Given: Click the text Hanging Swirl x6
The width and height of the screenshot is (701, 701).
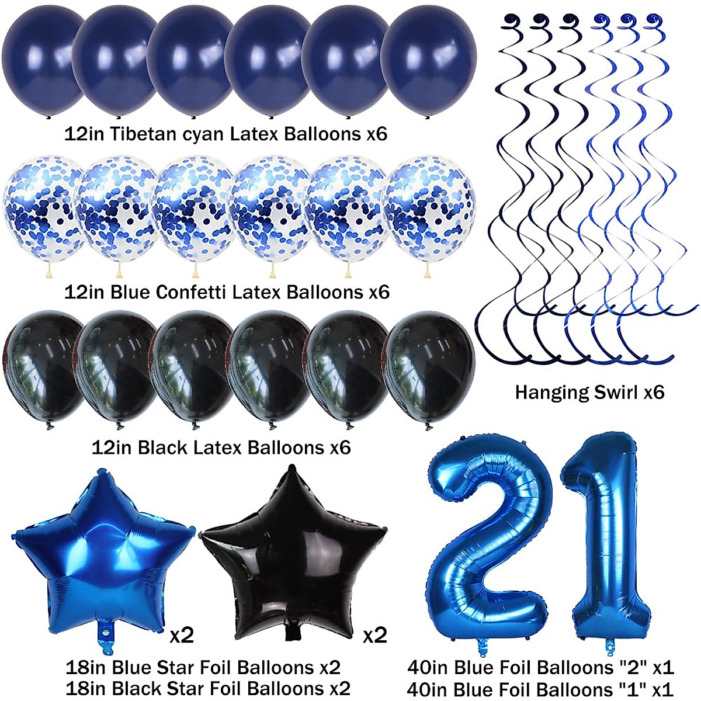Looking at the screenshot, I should (x=589, y=392).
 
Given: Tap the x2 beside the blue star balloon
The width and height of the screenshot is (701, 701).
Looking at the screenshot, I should (x=181, y=634).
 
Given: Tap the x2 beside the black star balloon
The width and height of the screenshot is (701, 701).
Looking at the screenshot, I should (x=374, y=634).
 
